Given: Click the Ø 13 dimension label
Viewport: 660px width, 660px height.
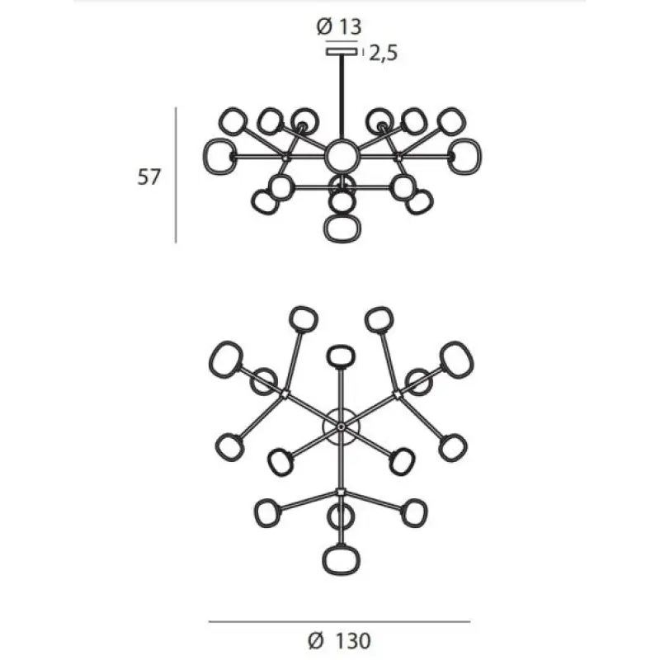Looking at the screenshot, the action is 339,26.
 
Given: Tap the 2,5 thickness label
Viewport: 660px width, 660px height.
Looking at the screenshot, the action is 383,53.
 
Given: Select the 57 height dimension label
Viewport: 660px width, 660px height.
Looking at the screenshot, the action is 149,177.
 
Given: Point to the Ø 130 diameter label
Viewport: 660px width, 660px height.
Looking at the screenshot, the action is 339,641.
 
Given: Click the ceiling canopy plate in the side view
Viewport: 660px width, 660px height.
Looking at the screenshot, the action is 342,52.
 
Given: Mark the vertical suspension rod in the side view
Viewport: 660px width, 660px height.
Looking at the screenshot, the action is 342,97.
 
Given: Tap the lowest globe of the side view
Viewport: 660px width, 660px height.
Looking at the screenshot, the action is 342,229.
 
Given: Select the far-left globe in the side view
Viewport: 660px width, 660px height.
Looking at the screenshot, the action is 219,156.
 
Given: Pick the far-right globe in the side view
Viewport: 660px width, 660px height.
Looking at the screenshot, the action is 464,156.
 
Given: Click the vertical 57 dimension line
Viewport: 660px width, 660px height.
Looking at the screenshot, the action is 176,175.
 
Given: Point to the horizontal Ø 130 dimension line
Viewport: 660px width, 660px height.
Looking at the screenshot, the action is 339,621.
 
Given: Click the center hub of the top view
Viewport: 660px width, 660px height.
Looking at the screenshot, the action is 341,427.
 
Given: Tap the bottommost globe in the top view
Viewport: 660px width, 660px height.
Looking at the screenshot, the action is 342,560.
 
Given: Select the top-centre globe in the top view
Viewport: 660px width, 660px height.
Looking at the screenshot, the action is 341,356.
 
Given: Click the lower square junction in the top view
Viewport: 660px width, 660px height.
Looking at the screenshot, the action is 341,492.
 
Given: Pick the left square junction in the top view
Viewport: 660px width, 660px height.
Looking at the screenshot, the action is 285,394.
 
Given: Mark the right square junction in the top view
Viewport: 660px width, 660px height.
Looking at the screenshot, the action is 397,395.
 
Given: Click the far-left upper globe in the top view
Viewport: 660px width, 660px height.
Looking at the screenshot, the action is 225,360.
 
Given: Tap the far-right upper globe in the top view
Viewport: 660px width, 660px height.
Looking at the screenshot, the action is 457,360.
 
